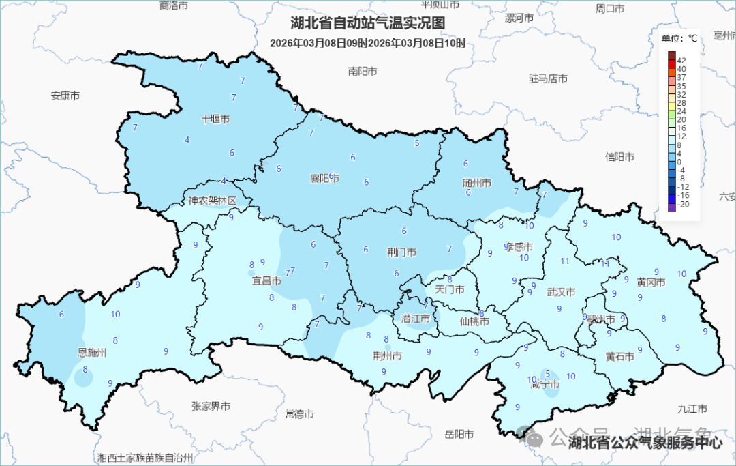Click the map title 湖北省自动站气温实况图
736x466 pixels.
click(x=367, y=23)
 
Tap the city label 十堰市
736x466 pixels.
click(x=215, y=119)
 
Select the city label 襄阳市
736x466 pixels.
click(x=325, y=179)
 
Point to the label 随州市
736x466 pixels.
click(x=477, y=184)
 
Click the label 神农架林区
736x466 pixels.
click(x=213, y=201)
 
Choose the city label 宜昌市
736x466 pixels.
click(x=267, y=280)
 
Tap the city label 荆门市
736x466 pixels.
click(x=401, y=252)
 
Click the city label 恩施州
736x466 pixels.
click(x=92, y=353)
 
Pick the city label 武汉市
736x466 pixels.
click(x=562, y=292)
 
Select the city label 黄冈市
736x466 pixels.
click(x=651, y=282)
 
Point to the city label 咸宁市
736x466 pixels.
click(x=545, y=385)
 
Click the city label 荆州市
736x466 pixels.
click(x=387, y=356)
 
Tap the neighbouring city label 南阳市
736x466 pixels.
click(x=363, y=71)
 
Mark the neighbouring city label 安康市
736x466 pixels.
click(x=65, y=96)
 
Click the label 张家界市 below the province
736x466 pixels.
click(x=211, y=406)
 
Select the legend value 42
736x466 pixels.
click(x=681, y=61)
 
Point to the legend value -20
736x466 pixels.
click(x=684, y=204)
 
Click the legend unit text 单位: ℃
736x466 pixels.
click(x=679, y=39)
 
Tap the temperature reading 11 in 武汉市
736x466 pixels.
click(x=565, y=261)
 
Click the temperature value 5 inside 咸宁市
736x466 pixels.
click(x=548, y=373)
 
